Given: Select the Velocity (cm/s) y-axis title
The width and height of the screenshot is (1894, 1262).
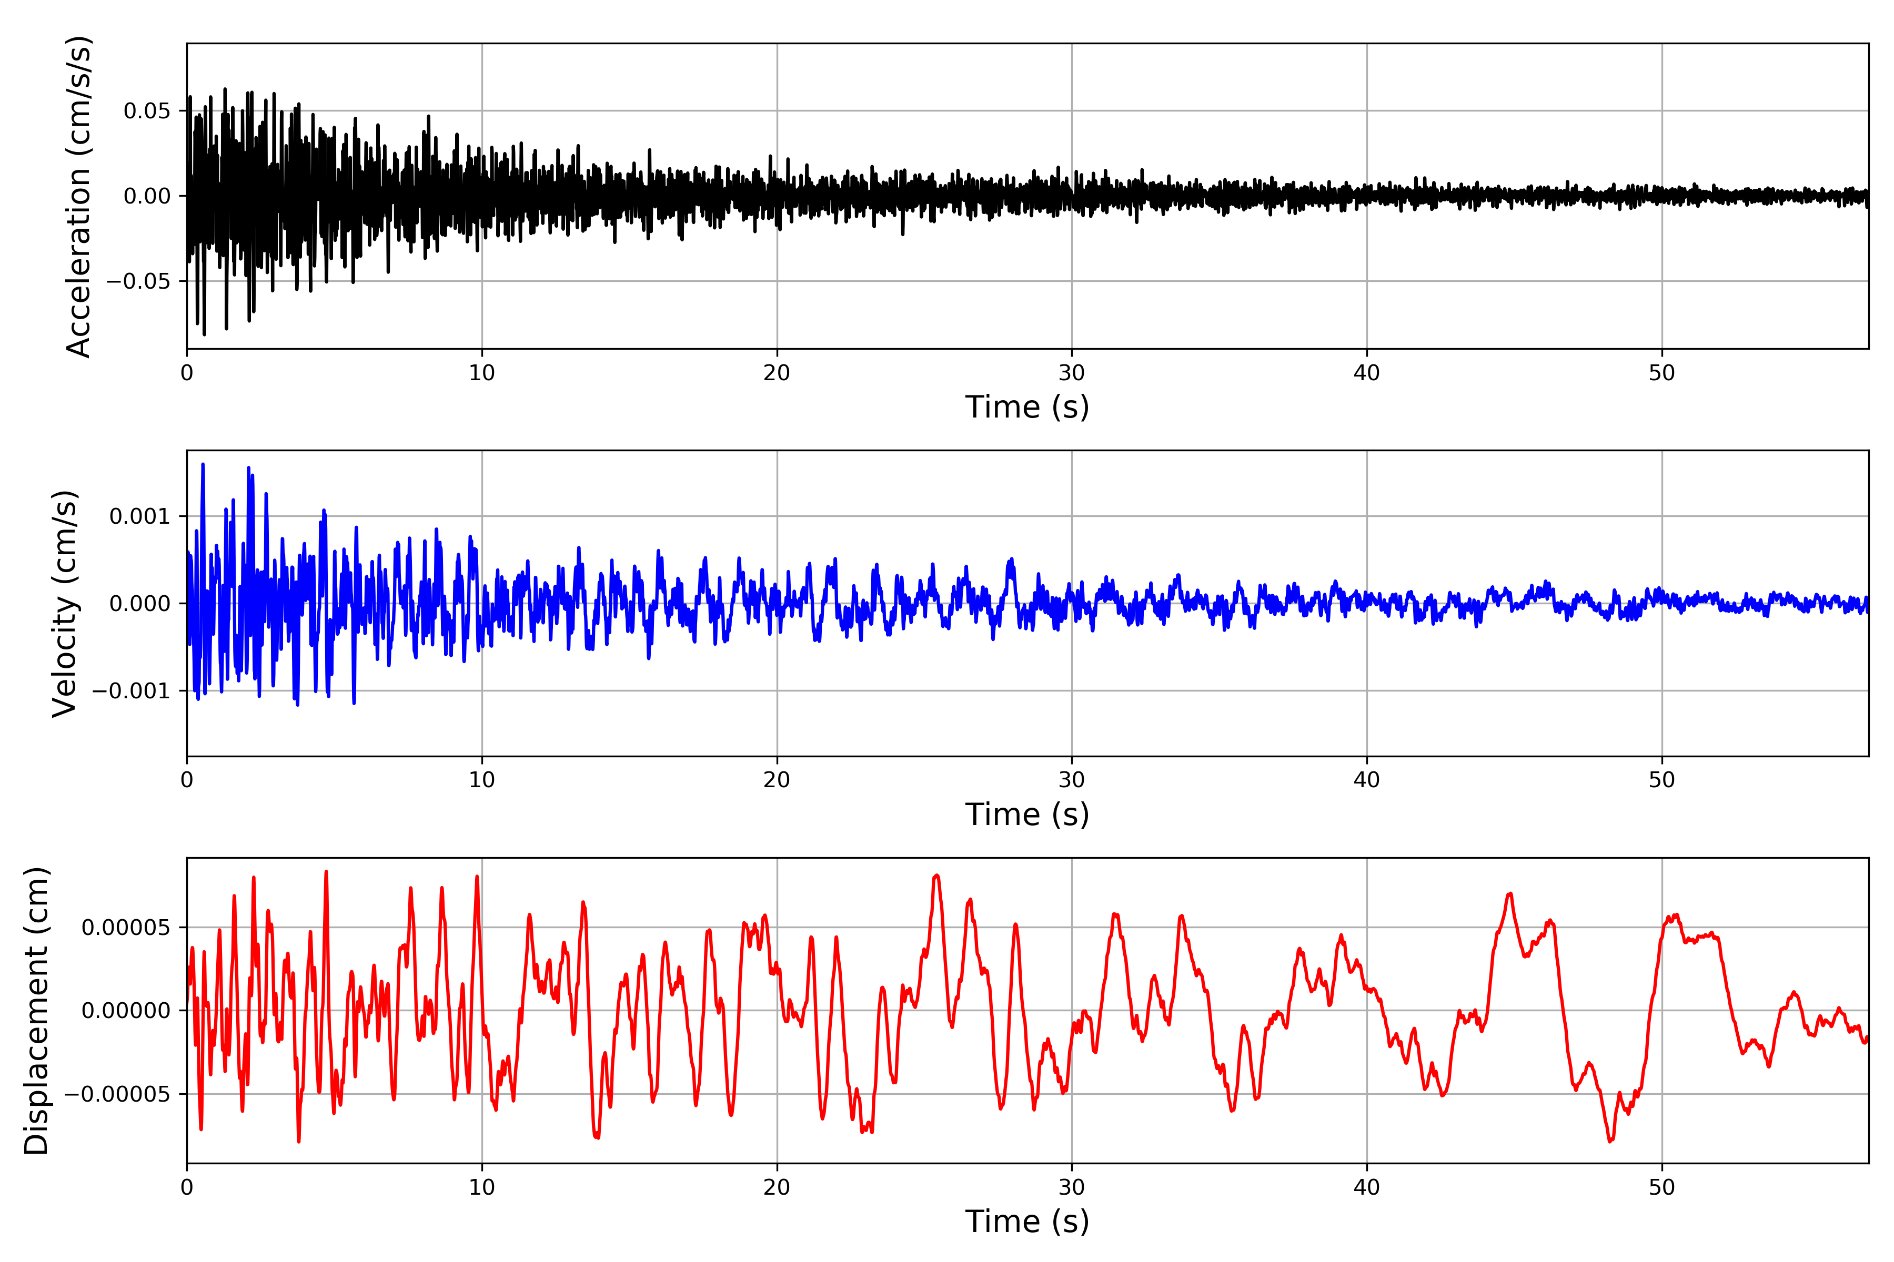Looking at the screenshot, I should coord(64,604).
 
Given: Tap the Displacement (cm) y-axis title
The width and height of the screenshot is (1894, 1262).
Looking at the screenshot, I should coord(36,1011).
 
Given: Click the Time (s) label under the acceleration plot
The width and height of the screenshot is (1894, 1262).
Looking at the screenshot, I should coord(1027,407).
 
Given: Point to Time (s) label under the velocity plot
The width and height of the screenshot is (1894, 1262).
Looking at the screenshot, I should coord(1027,815).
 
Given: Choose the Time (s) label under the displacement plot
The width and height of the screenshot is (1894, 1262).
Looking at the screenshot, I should coord(1027,1222).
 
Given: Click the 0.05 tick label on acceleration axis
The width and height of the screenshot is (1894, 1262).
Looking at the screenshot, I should coord(147,111).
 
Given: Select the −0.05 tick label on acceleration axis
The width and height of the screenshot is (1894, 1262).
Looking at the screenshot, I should coord(138,282).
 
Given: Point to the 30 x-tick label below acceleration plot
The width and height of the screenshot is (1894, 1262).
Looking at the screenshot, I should coord(1072,373).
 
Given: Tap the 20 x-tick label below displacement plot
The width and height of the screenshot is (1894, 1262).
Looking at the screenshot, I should coord(777,1188).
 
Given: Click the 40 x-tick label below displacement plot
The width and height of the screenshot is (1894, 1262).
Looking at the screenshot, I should coord(1366,1188).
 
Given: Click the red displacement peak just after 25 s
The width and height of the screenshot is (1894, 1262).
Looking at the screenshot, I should coord(936,876).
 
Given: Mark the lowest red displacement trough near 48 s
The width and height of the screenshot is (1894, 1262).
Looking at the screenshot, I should coord(1610,1141).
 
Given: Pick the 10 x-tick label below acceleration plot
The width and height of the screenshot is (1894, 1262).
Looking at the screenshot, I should coord(482,373).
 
